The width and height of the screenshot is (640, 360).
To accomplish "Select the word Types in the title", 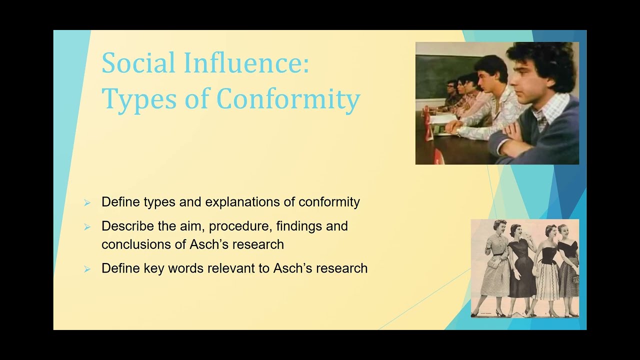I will [131, 98].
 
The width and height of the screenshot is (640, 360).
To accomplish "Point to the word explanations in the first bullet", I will [243, 202].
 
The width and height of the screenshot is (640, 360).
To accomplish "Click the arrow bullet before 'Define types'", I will [87, 202].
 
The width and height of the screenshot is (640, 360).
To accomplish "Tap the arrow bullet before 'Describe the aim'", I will [87, 226].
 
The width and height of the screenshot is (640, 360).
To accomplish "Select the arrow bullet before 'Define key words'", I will [87, 268].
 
